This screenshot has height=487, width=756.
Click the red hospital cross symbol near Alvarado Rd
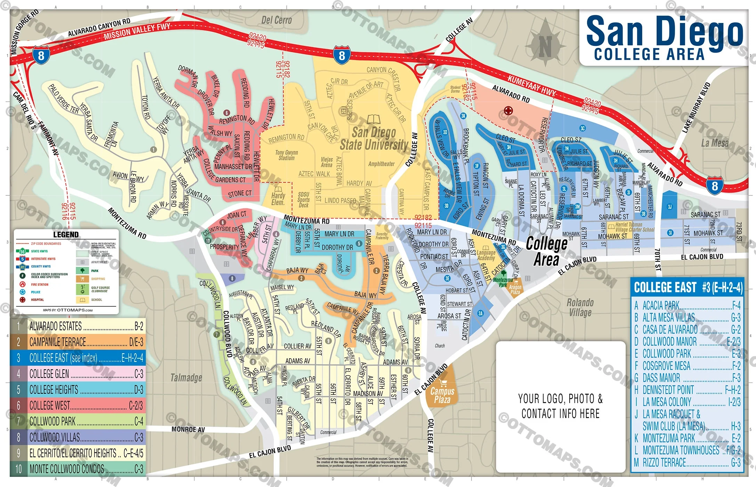tap(508, 111)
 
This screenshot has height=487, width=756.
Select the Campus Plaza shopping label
tap(442, 395)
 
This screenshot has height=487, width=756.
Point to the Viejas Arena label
tap(327, 162)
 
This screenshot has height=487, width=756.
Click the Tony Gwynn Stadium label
tap(287, 155)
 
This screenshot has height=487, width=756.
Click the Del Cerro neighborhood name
tap(276, 20)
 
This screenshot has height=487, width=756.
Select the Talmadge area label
tap(186, 377)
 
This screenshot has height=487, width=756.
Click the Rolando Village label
tap(580, 307)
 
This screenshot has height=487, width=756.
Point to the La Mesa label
tap(714, 143)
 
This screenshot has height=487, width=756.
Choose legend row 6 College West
tap(78, 405)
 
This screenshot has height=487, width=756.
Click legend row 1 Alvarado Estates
tap(78, 326)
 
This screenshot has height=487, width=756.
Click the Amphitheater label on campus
tap(381, 164)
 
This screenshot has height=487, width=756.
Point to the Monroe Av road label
tap(188, 429)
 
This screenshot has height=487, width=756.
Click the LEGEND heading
tap(66, 234)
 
